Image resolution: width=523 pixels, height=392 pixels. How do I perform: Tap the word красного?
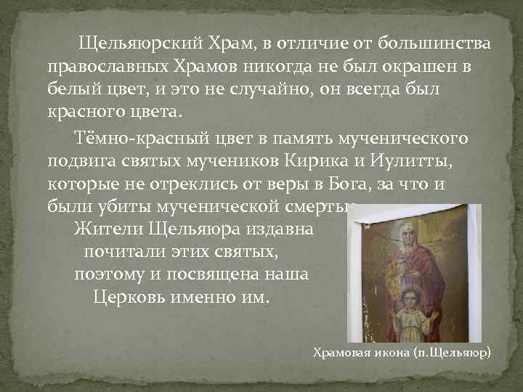coord(80,113)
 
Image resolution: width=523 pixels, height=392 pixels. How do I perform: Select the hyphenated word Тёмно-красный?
coord(152,136)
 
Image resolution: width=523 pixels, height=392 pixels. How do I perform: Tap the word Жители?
coord(109,229)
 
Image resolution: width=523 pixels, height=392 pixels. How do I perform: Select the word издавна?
coord(279,229)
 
